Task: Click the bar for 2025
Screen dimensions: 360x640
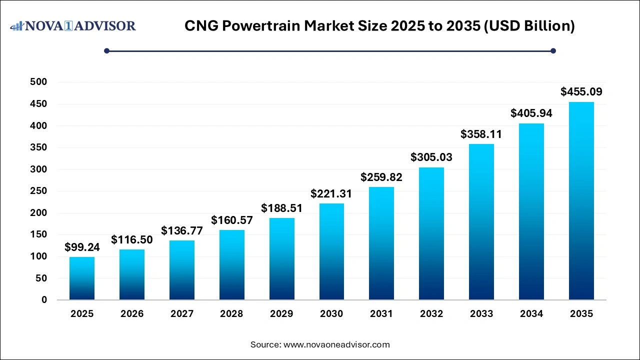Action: [x=82, y=278]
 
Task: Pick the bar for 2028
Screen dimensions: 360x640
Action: [x=231, y=265]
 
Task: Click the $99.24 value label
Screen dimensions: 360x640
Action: [x=82, y=247]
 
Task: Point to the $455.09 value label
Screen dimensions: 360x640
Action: [x=581, y=92]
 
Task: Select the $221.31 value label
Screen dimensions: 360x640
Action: [x=331, y=194]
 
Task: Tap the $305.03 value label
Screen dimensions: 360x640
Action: [x=431, y=157]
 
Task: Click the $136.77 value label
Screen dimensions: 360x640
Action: [x=181, y=231]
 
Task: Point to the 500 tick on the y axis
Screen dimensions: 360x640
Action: [x=38, y=82]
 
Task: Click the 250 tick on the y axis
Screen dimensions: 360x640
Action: [x=38, y=191]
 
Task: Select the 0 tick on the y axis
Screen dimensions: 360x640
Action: [x=43, y=300]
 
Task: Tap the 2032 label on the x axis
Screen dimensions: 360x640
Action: [x=431, y=314]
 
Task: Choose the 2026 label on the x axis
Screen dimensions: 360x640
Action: [x=132, y=314]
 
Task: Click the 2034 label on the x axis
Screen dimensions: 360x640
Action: [x=531, y=314]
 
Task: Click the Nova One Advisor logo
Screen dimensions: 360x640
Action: [x=73, y=26]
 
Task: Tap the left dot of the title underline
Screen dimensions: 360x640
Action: [x=106, y=50]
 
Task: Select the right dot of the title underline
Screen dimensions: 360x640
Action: [x=553, y=50]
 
